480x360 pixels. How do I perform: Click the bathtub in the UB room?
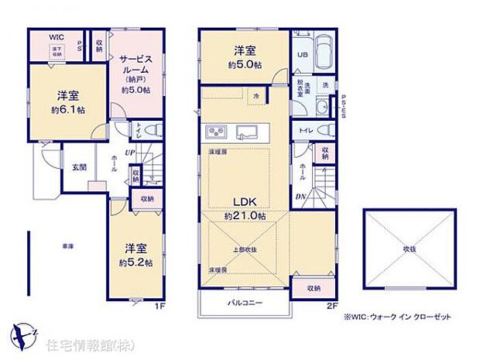tap(324, 52)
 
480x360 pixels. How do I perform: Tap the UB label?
tap(302, 55)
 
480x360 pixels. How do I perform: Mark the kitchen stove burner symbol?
tap(214, 129)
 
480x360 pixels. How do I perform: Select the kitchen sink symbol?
tap(249, 129)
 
